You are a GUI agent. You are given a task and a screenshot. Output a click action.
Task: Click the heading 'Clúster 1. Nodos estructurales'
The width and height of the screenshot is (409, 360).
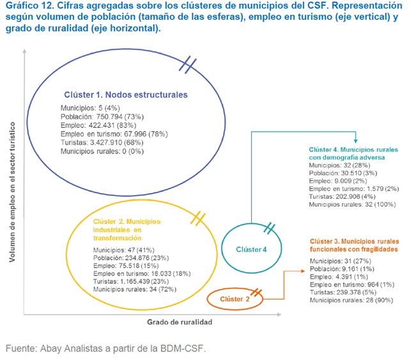click(x=126, y=95)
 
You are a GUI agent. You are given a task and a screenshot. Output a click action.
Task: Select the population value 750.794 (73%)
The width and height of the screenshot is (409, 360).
click(x=120, y=116)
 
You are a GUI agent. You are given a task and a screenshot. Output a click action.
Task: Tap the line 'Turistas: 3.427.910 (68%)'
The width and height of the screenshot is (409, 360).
click(x=102, y=143)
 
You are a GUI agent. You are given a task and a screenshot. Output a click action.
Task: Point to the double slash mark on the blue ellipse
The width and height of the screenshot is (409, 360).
click(x=187, y=65)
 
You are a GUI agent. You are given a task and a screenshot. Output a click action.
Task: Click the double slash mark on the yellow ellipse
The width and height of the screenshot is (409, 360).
click(x=197, y=219)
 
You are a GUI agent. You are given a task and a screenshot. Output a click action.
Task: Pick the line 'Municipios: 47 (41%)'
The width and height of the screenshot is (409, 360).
click(x=123, y=250)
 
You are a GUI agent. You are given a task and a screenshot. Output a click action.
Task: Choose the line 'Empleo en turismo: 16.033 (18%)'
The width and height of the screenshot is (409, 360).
click(x=142, y=274)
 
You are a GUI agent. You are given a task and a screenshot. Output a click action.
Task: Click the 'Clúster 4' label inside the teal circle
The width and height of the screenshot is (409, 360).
click(x=251, y=249)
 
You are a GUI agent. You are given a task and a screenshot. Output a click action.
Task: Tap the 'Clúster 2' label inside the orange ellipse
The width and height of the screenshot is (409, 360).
click(x=235, y=299)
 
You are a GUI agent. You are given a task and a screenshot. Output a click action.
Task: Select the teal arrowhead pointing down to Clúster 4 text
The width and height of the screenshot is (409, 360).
click(x=355, y=141)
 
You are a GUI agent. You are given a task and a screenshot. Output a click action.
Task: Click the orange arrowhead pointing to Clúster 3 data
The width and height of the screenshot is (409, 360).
click(x=303, y=271)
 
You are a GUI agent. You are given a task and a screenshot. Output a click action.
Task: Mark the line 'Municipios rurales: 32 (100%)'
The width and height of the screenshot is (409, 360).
click(x=352, y=205)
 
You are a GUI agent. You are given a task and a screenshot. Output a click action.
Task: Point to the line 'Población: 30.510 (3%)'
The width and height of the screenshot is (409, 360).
click(x=343, y=173)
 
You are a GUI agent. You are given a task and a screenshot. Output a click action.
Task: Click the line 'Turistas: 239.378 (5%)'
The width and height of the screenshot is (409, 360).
click(x=343, y=292)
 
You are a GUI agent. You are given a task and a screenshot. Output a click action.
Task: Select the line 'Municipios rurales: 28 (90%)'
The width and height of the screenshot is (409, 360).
click(x=351, y=301)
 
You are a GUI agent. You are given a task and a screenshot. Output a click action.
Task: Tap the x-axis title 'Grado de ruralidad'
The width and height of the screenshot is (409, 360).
click(x=180, y=322)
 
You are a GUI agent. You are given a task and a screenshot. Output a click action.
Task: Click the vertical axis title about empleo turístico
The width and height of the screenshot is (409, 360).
click(x=12, y=192)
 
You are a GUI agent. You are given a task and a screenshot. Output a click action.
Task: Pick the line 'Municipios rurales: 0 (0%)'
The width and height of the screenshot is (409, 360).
click(x=102, y=152)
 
